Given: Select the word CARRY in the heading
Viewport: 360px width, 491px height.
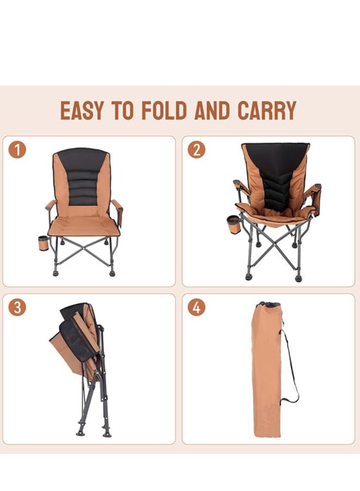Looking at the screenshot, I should tap(266, 110).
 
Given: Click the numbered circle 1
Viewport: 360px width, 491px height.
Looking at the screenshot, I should tap(17, 149).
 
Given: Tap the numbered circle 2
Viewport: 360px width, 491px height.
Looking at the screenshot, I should tap(196, 149).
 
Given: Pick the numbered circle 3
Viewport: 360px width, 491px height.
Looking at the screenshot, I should tap(17, 307).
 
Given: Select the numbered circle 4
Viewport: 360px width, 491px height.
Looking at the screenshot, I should tap(196, 307).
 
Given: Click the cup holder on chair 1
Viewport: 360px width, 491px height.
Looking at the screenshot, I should tap(44, 243).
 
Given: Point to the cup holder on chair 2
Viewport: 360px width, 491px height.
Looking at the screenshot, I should tap(234, 224).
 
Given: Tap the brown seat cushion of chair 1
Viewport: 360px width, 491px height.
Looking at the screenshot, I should tap(84, 225).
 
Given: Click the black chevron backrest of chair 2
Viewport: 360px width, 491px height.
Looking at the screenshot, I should tap(276, 179).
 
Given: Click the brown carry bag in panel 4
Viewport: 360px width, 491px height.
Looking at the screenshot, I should tap(266, 375).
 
